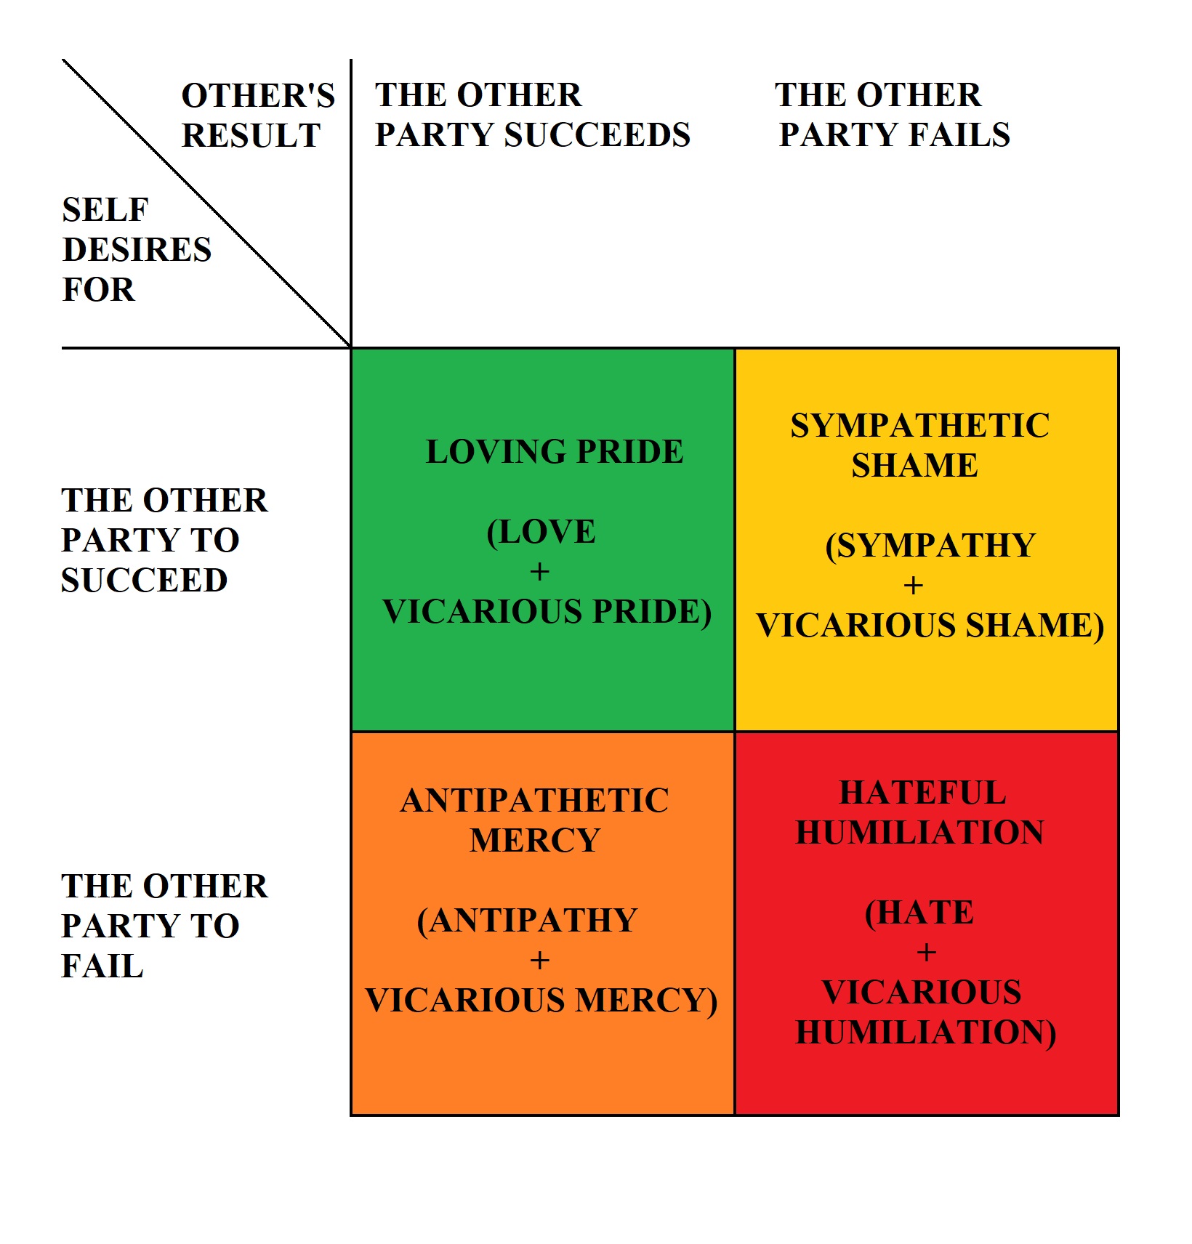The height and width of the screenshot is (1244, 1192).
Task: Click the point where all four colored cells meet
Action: pos(735,732)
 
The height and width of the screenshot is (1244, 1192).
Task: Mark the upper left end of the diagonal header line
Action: pos(63,60)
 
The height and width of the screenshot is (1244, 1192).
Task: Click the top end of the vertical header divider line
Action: pos(351,60)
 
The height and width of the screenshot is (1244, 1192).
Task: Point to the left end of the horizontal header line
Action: pos(63,348)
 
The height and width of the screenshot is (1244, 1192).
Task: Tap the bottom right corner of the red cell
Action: pos(1119,1115)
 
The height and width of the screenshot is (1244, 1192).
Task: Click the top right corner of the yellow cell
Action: pos(1119,349)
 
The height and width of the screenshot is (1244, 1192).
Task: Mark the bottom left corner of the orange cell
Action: pos(351,1115)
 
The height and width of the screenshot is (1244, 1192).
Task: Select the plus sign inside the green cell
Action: pos(539,572)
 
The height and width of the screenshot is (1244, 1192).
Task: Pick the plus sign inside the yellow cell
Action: pos(914,586)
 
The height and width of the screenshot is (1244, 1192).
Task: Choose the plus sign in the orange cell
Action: pos(539,961)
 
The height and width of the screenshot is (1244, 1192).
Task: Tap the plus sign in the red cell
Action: pos(927,953)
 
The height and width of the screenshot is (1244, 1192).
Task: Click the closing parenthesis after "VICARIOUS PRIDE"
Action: pos(705,613)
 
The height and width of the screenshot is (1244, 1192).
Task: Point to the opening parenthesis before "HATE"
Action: pos(871,913)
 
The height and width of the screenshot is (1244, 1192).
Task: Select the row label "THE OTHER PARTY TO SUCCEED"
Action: pos(164,541)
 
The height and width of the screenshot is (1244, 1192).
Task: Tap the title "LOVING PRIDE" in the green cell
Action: pos(555,452)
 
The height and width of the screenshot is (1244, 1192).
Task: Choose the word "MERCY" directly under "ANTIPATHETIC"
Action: pos(535,841)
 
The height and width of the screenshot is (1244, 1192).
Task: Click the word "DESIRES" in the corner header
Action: pos(137,250)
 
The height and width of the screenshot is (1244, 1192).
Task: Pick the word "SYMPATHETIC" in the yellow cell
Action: pos(920,426)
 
